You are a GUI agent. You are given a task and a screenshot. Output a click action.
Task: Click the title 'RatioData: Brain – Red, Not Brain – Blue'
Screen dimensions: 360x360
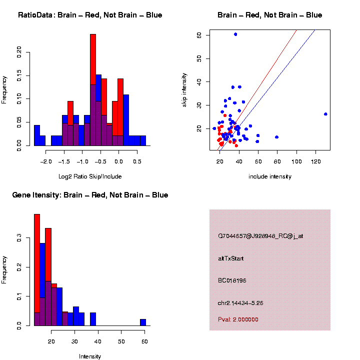[90, 15]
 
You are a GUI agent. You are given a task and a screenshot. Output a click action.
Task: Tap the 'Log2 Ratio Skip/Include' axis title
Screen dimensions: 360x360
[90, 176]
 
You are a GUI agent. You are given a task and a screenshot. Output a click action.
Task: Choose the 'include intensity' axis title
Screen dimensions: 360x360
[270, 176]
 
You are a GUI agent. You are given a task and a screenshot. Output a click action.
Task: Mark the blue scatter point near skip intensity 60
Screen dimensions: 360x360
[235, 34]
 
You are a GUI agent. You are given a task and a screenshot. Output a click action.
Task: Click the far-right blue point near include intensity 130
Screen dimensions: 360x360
[325, 114]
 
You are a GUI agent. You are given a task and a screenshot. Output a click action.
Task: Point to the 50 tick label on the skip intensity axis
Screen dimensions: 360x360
[199, 58]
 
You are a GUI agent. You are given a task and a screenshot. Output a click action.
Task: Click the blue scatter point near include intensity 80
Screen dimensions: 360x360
[276, 137]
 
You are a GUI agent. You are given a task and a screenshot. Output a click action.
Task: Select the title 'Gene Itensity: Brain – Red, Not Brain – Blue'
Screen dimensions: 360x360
[90, 195]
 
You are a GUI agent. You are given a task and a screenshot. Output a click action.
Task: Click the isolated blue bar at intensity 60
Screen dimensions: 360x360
[143, 322]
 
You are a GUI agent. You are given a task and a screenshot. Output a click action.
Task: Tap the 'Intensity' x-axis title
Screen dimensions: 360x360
[90, 356]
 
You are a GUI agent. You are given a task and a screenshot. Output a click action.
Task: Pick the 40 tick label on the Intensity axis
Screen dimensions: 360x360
[98, 341]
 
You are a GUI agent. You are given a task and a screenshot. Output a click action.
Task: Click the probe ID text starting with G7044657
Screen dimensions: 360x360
[260, 236]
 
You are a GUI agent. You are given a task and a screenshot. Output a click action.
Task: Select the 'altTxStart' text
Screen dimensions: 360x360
[230, 258]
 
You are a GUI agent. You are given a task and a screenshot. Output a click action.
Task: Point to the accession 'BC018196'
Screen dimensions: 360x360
[232, 280]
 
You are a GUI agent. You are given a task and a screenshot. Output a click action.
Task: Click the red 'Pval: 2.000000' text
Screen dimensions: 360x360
[238, 319]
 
